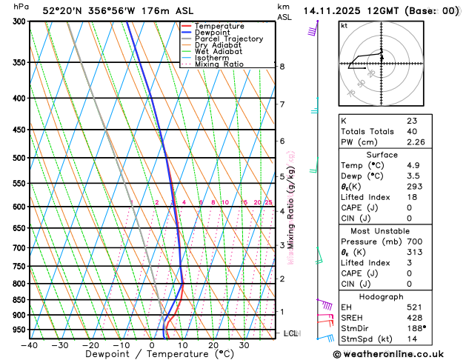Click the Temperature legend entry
(220, 26)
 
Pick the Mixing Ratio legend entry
(219, 64)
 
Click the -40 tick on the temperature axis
(30, 345)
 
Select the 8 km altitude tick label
(282, 67)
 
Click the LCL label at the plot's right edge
(290, 333)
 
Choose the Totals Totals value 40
(411, 131)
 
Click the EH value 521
(414, 307)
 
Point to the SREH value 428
(414, 317)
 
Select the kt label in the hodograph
(344, 25)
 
